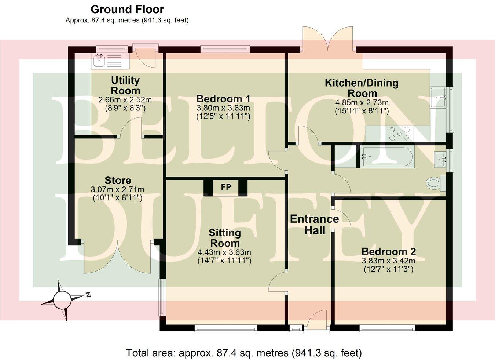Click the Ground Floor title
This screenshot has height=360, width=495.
point(127,9)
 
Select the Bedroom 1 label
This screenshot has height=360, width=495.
point(223,99)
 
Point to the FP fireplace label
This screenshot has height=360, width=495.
point(226,187)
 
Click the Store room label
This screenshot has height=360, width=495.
point(118,181)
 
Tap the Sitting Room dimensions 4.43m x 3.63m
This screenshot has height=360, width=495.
point(224,252)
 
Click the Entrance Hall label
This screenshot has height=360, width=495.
point(314,225)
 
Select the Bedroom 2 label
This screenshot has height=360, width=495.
point(388,252)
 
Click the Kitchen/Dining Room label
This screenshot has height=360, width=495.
point(362,88)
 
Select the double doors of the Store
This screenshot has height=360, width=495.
point(118,257)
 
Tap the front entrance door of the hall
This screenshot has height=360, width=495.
point(316,321)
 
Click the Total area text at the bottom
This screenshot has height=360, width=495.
point(244,353)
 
